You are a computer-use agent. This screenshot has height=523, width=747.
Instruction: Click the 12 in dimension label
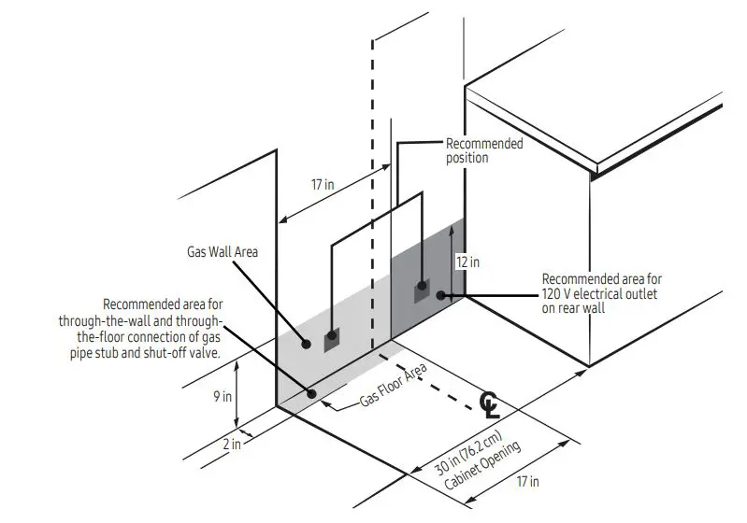click(x=467, y=262)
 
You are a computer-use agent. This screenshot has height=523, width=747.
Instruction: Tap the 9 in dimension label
click(x=223, y=396)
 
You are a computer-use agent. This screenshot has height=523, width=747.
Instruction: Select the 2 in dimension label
click(x=232, y=445)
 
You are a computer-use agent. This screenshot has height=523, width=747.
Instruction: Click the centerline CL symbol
click(x=489, y=403)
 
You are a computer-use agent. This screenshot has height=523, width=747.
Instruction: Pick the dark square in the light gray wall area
click(x=333, y=341)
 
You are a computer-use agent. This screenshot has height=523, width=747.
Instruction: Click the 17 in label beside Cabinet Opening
click(x=527, y=481)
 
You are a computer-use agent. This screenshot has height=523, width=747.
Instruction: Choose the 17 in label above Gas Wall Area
click(x=323, y=184)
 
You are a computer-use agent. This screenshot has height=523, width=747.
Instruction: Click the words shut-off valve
click(x=182, y=352)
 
